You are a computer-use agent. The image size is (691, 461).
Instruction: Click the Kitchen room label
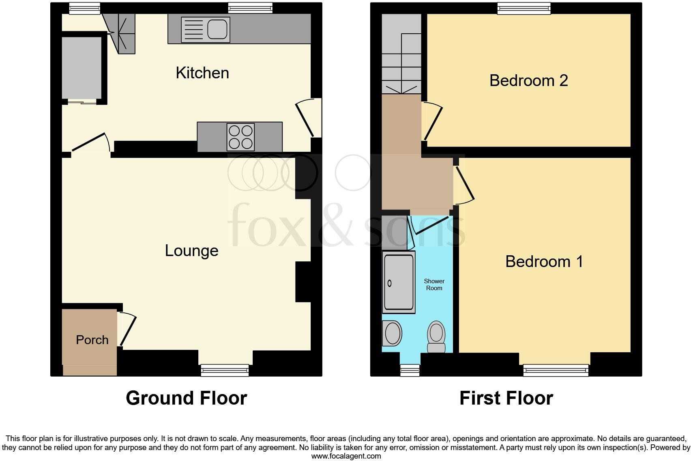tap(202, 73)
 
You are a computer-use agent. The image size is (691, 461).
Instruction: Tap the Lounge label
tap(191, 251)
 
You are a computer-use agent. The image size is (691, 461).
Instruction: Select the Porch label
tap(92, 340)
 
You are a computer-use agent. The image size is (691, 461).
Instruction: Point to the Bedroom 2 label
tap(528, 80)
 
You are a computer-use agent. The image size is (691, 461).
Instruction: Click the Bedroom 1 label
tap(544, 261)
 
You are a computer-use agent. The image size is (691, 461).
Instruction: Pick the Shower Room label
tap(434, 284)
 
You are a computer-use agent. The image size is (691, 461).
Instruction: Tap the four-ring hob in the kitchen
tap(241, 137)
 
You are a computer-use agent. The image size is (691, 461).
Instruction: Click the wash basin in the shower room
tap(392, 333)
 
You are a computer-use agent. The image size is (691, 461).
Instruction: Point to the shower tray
tap(398, 282)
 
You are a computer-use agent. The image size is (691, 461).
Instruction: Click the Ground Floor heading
tap(186, 398)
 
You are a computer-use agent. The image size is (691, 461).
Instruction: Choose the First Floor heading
tap(506, 398)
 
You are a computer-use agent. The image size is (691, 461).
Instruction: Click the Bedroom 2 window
tap(524, 8)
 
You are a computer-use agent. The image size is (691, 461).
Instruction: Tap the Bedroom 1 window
tap(555, 370)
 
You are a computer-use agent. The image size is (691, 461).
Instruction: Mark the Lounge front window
tap(225, 370)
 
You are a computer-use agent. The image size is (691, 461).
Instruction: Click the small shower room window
tap(410, 370)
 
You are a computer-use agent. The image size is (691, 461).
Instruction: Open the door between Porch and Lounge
tap(127, 330)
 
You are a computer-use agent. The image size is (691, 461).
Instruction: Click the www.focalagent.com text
tap(346, 456)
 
